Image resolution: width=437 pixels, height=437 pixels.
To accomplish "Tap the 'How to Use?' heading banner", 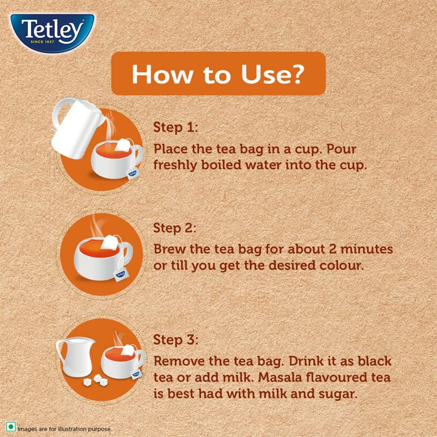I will tap(218, 73).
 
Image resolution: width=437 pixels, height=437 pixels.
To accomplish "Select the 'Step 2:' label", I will tap(175, 228).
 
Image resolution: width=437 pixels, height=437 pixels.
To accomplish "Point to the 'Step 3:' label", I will tap(175, 340).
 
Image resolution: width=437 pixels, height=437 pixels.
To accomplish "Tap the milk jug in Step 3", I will tap(74, 358).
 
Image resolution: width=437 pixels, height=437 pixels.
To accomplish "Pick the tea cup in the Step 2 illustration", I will tap(101, 258).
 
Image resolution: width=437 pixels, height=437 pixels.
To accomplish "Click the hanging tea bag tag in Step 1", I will tap(132, 174).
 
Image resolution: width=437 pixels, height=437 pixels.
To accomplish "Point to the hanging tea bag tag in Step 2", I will tap(120, 274).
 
